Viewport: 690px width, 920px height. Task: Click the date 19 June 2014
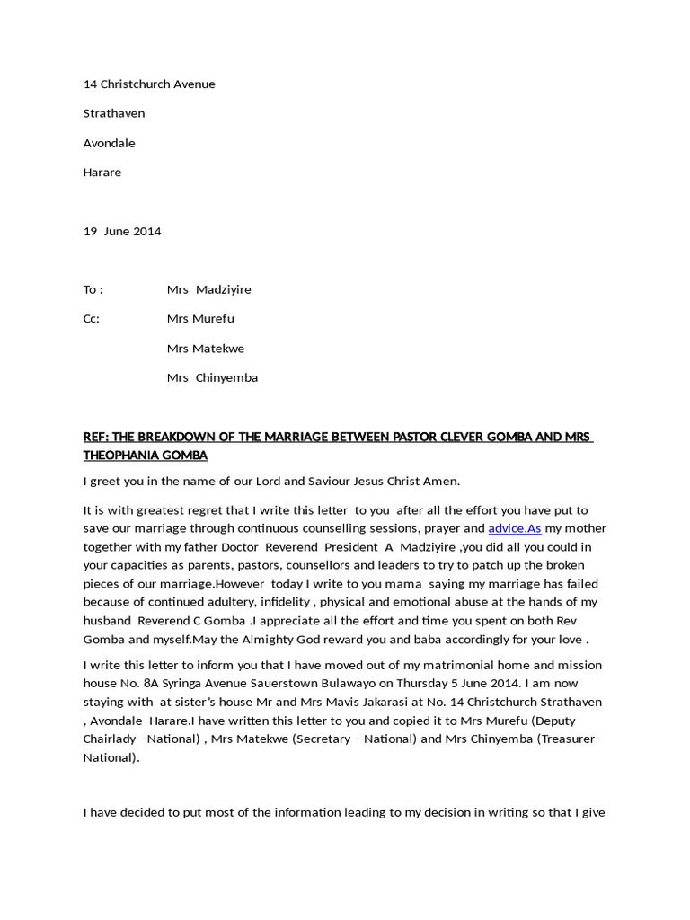click(x=122, y=231)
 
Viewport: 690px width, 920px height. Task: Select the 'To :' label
click(x=93, y=289)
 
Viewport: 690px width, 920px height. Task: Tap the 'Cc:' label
click(x=92, y=318)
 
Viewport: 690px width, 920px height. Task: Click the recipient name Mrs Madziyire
click(x=208, y=289)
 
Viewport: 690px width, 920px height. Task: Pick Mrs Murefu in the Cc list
click(x=200, y=318)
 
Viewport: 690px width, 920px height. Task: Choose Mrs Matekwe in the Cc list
click(x=206, y=348)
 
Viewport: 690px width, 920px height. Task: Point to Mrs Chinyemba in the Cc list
click(x=212, y=377)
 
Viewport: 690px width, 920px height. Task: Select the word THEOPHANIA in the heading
click(x=121, y=456)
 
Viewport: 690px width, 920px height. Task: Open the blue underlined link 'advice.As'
click(x=514, y=528)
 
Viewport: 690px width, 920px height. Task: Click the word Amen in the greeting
click(x=440, y=481)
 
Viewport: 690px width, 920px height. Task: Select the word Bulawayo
click(x=359, y=683)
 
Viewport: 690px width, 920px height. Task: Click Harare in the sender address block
click(x=102, y=172)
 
